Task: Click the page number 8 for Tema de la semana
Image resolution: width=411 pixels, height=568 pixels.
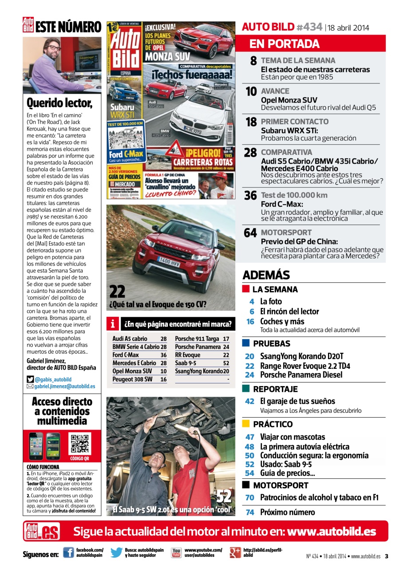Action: click(253, 61)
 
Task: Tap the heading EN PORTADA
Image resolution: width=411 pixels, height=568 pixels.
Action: click(285, 43)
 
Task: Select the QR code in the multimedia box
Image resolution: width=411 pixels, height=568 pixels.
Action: click(80, 443)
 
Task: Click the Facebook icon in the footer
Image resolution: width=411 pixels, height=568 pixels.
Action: click(68, 552)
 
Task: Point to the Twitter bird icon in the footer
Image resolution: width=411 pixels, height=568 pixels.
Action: click(117, 552)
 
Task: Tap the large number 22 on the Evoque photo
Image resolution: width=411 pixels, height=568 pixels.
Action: click(117, 292)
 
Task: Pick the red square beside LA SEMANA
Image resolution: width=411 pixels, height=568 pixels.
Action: click(246, 289)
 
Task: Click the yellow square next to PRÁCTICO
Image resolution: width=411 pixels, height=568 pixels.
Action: click(246, 424)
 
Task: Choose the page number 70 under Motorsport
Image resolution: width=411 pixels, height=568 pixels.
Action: click(250, 497)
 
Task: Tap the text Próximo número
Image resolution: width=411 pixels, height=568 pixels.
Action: click(287, 512)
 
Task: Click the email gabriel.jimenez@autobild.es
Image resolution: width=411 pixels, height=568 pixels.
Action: click(64, 386)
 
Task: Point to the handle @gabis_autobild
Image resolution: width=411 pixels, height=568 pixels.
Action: click(53, 379)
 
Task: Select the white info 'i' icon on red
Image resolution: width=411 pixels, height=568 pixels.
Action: click(113, 324)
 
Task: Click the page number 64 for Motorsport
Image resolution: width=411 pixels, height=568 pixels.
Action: click(250, 233)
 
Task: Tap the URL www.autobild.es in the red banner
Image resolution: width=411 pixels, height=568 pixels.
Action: click(332, 532)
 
